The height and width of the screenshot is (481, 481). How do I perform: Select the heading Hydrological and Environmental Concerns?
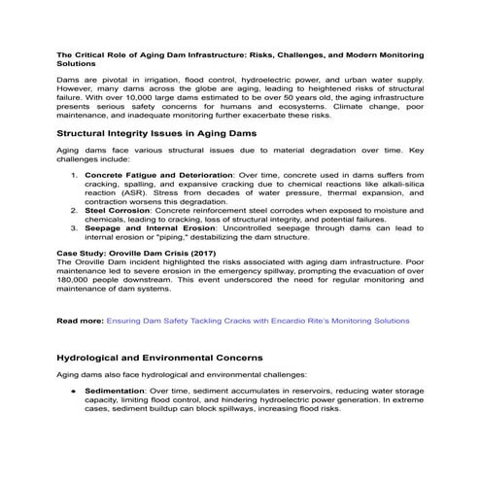point(159,358)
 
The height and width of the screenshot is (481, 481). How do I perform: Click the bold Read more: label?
point(80,319)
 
